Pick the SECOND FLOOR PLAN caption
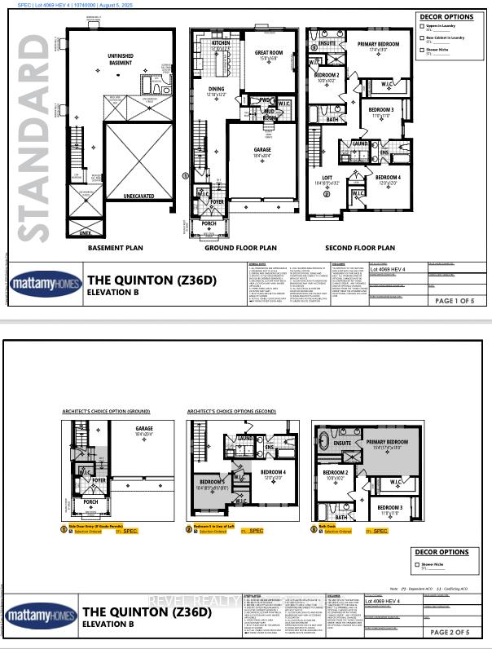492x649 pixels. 360,247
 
